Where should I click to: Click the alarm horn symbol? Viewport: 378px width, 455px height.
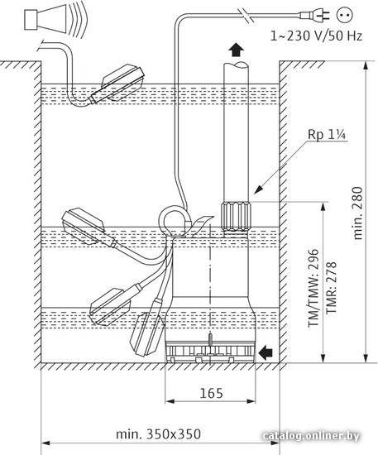click(x=55, y=19)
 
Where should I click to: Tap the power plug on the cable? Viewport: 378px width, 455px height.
click(x=315, y=15)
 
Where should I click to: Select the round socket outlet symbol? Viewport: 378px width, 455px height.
click(x=345, y=15)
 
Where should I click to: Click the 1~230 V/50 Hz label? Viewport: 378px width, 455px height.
click(x=316, y=36)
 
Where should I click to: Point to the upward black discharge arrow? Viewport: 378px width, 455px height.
click(x=236, y=50)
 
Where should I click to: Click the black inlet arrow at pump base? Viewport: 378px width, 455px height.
click(x=266, y=352)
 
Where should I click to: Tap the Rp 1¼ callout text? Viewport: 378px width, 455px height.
click(x=327, y=135)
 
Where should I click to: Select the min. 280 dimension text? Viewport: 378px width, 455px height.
click(x=357, y=213)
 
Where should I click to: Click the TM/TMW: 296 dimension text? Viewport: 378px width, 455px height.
click(x=313, y=288)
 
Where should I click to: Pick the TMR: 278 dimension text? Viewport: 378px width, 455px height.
click(x=332, y=287)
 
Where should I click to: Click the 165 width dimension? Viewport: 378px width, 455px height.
click(x=212, y=393)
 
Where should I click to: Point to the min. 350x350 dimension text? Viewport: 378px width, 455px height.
click(x=158, y=434)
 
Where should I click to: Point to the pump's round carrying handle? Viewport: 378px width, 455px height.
click(x=173, y=222)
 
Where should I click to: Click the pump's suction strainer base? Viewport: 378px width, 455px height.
click(x=210, y=352)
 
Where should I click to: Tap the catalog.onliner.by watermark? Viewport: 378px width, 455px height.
click(x=311, y=436)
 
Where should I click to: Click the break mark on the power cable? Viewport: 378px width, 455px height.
click(x=245, y=15)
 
